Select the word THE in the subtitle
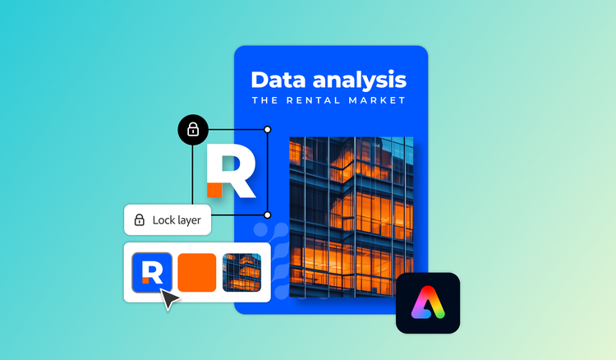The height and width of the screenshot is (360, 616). [266, 101]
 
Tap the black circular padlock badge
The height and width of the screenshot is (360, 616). [193, 129]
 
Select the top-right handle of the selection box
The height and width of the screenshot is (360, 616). [268, 129]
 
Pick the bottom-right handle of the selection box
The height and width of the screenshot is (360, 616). [268, 215]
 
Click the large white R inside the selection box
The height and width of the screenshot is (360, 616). [234, 168]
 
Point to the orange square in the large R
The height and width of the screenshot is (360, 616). [214, 190]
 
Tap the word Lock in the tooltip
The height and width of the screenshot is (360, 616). [163, 219]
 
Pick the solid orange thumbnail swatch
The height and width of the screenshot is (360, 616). [197, 272]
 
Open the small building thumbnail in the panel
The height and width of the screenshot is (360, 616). [241, 272]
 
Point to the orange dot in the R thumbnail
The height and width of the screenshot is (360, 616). [145, 280]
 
